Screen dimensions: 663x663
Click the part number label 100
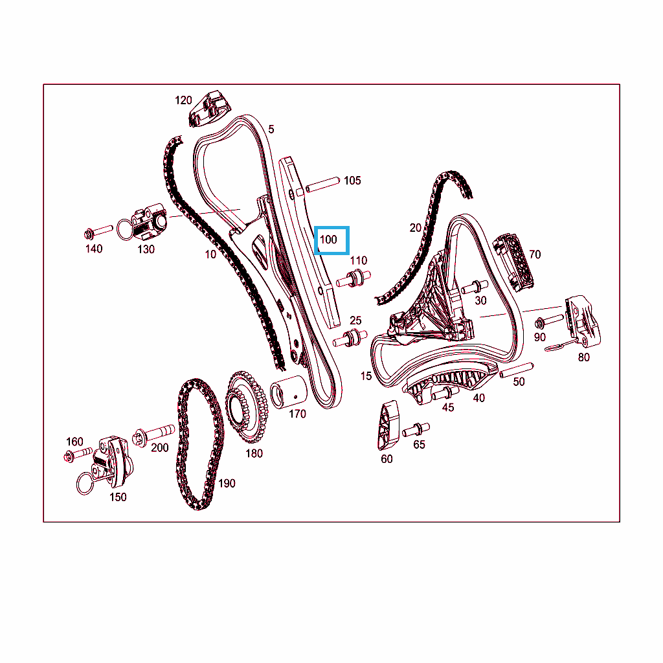click(328, 240)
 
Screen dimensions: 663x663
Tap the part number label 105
click(352, 181)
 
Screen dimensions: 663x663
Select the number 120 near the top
click(183, 100)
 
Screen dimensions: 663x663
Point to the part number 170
click(297, 414)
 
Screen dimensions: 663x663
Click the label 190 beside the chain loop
click(227, 483)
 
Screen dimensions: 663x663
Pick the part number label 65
click(419, 444)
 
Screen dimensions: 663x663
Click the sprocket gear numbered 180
click(247, 406)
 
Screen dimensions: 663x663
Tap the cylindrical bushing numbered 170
click(288, 392)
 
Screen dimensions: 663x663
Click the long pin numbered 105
click(322, 185)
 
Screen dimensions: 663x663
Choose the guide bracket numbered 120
click(209, 108)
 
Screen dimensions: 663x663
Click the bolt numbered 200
click(153, 435)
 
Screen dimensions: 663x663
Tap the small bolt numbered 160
click(78, 455)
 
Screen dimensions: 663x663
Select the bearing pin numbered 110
click(354, 278)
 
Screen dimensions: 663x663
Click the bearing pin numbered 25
click(350, 338)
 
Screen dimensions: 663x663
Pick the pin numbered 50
click(516, 370)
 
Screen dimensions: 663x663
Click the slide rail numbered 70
click(513, 262)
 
